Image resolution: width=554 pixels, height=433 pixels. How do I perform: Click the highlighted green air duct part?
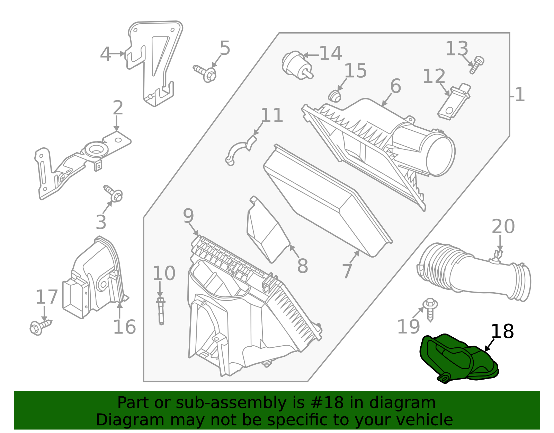click(x=457, y=359)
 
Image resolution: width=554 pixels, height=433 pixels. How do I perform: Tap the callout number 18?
click(x=502, y=331)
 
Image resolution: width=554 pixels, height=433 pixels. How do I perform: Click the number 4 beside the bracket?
click(x=105, y=54)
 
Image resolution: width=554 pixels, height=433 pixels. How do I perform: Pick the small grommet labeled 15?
click(x=334, y=96)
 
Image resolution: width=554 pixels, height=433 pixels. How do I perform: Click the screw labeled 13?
click(x=477, y=65)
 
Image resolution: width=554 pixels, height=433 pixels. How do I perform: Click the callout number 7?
click(x=347, y=271)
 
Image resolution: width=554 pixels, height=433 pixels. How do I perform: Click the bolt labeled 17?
click(x=40, y=327)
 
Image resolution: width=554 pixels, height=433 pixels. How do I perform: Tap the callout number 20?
click(x=503, y=227)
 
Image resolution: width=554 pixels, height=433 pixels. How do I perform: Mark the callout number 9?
click(x=188, y=216)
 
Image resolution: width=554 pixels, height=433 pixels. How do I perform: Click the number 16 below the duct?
click(x=124, y=327)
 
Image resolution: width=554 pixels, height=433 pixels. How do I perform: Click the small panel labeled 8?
click(x=267, y=232)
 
